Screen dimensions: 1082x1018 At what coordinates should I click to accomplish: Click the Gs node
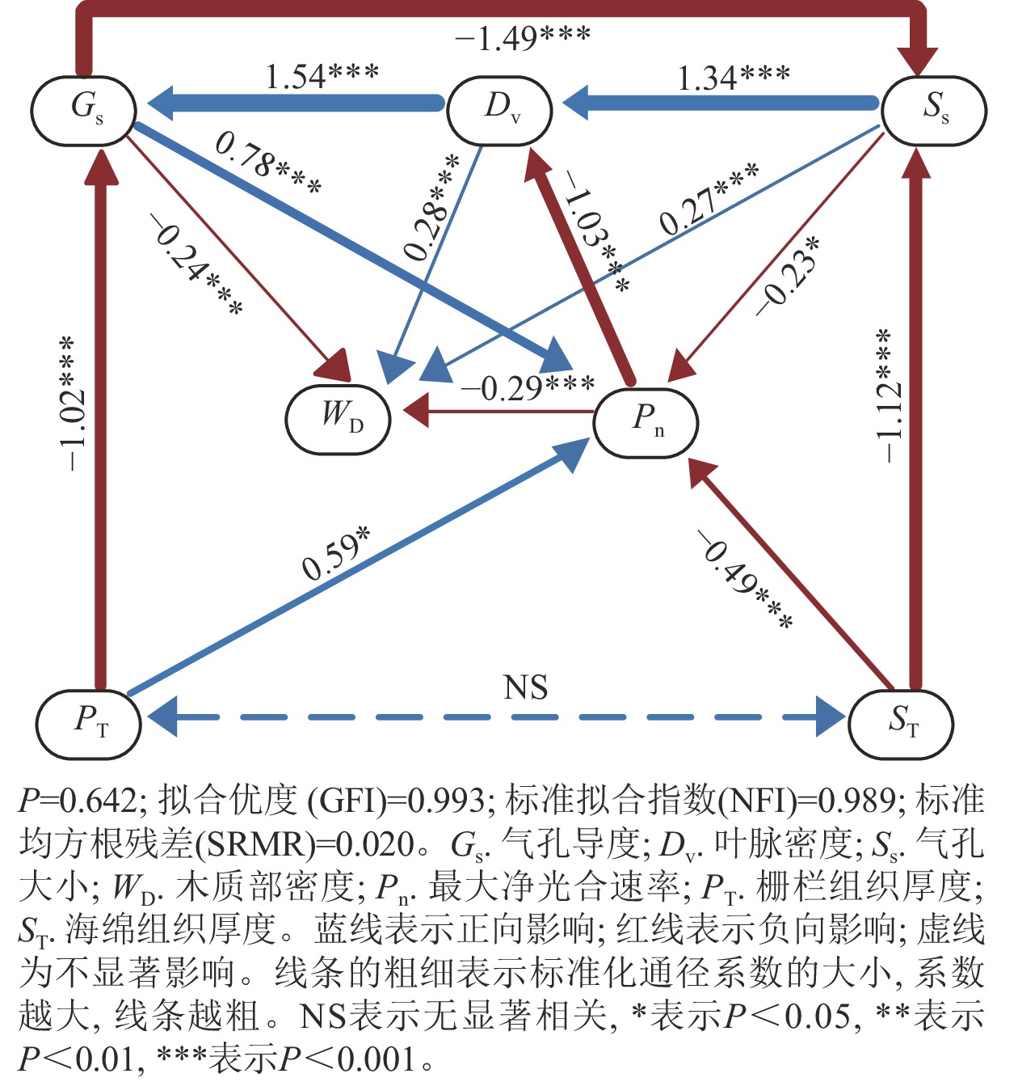coord(83,111)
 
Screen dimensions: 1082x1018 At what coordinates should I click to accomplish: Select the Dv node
coord(499,110)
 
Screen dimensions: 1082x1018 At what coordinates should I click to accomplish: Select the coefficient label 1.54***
coord(322,77)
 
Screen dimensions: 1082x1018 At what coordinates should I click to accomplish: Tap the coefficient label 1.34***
coord(733,78)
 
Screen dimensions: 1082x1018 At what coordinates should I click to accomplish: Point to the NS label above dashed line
coord(525,687)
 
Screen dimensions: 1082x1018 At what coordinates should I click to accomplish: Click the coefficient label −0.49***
coord(745,580)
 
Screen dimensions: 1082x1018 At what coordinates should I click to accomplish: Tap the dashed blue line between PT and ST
coord(494,717)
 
